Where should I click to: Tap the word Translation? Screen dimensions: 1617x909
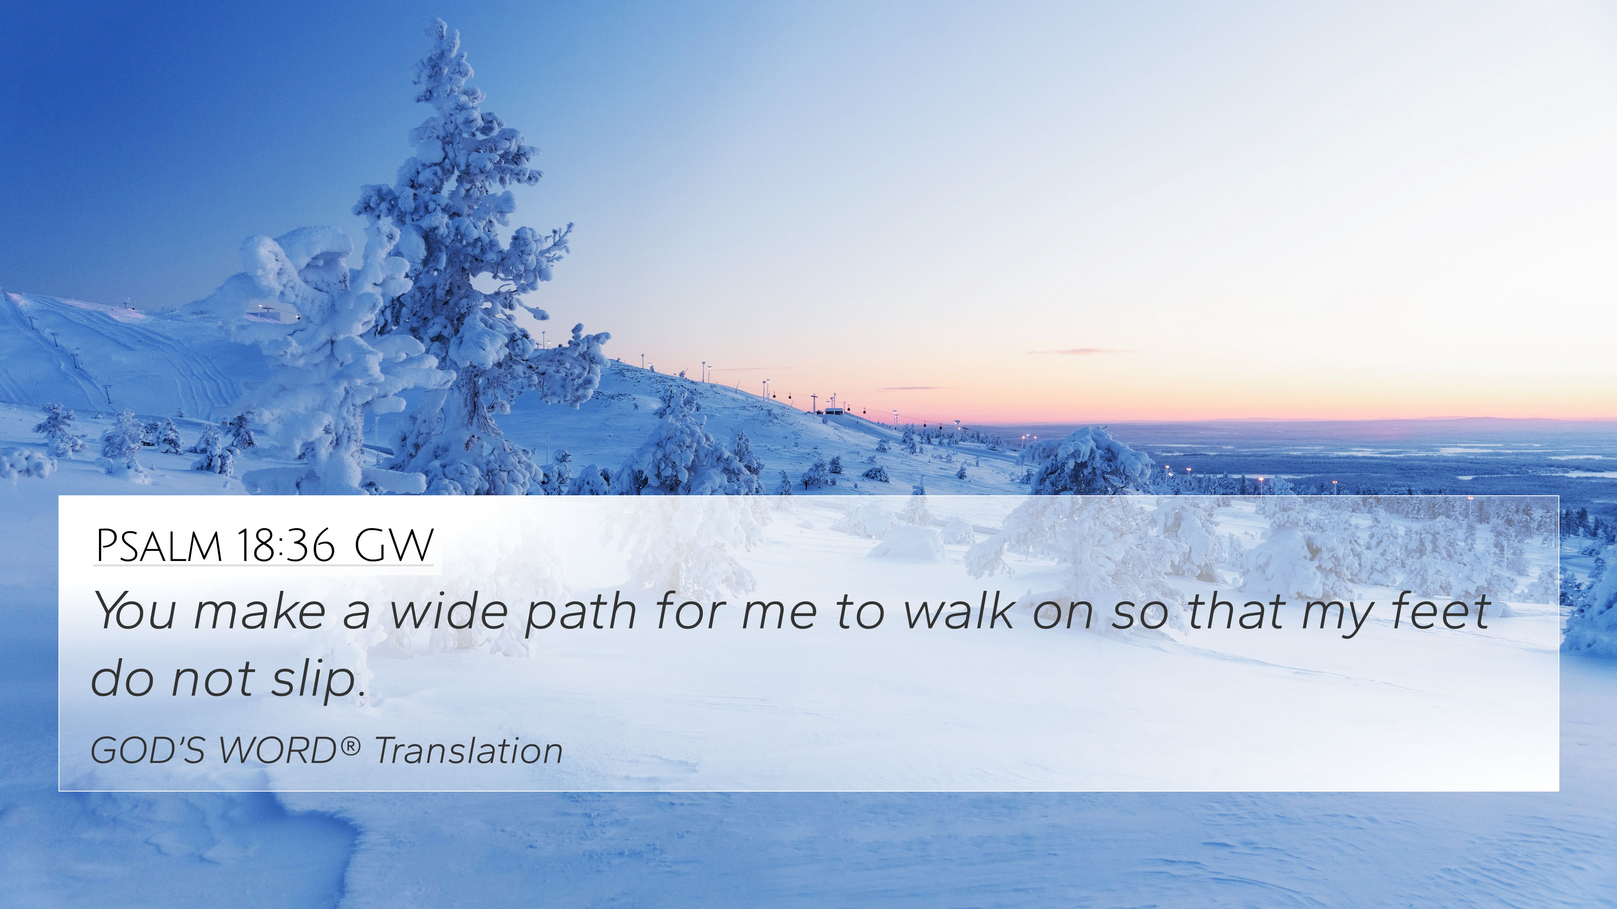coord(468,750)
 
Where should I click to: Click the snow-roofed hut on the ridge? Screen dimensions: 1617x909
coord(834,412)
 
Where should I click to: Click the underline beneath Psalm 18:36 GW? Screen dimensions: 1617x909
coord(264,565)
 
